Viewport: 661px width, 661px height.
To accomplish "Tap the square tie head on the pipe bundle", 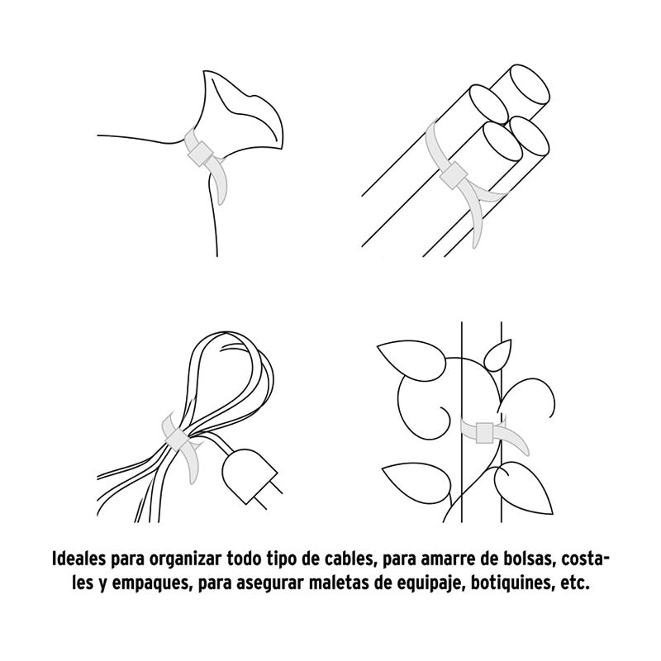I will [x=452, y=176].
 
